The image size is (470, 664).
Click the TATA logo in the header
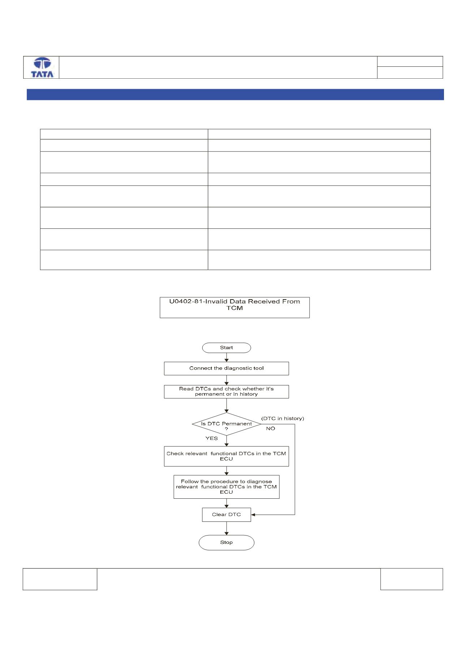(x=42, y=67)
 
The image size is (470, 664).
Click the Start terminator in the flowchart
(x=227, y=348)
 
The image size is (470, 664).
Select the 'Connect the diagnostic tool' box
(x=227, y=368)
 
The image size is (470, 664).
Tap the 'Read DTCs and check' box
(x=227, y=392)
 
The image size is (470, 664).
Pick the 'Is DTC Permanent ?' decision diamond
(x=227, y=424)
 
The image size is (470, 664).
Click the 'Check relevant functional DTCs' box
(x=227, y=456)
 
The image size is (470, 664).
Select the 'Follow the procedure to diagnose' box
(x=227, y=487)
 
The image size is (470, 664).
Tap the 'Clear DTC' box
(x=227, y=515)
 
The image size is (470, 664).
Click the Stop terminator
(x=227, y=542)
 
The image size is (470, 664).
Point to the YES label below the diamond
(x=212, y=438)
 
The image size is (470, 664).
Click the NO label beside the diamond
(x=271, y=428)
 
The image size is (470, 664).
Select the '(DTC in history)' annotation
(x=283, y=419)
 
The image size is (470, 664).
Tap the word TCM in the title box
(x=235, y=308)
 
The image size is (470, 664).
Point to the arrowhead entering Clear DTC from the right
(x=253, y=515)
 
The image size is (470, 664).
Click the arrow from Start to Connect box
(x=227, y=357)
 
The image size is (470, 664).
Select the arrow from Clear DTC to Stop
(x=227, y=528)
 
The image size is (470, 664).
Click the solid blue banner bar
(x=235, y=95)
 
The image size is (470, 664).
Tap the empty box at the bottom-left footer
(x=60, y=579)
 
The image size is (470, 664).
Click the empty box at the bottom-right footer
(x=411, y=579)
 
